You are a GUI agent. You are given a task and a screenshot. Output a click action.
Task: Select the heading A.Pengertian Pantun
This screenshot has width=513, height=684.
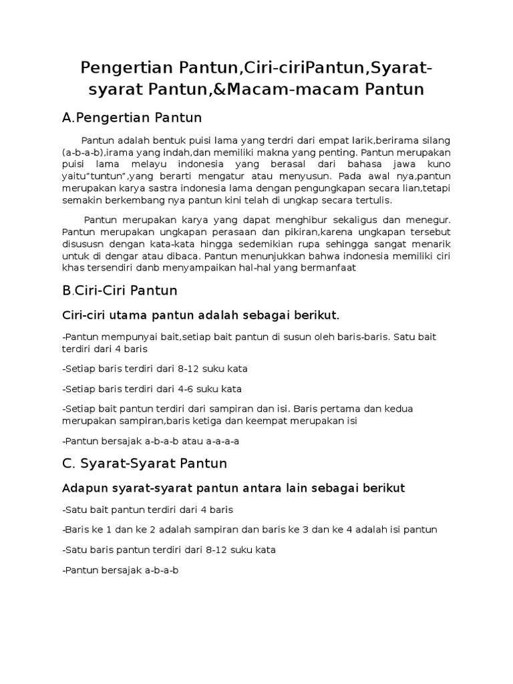coord(132,118)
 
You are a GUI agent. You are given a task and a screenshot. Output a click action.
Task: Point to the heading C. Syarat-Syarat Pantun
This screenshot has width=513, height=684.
coord(144,463)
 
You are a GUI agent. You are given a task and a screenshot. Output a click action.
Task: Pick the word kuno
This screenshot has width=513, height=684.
coord(437,164)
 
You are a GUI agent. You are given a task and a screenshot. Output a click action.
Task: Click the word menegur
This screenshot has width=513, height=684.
coord(427,220)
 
